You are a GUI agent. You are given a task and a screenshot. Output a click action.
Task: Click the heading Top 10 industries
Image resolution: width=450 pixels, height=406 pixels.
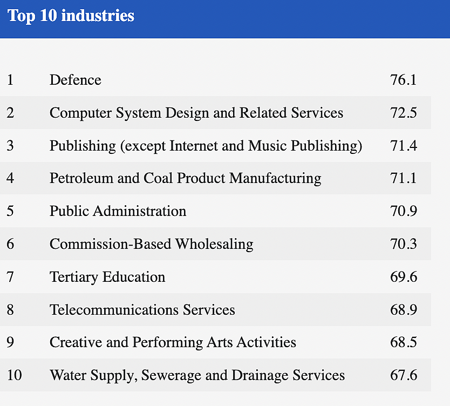(x=71, y=16)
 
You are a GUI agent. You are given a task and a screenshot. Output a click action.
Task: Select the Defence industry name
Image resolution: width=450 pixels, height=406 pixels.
(x=76, y=80)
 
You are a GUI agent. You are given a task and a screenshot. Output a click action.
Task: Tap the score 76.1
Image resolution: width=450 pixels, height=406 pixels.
(x=403, y=80)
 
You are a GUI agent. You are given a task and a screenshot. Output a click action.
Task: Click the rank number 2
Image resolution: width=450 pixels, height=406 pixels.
(x=10, y=112)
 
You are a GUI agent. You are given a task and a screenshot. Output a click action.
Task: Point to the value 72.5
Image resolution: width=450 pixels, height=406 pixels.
(x=403, y=112)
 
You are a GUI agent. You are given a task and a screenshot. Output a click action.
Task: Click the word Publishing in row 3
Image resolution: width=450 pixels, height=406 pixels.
(x=83, y=146)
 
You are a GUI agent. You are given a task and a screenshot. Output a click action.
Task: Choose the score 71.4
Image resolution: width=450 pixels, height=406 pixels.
(x=403, y=145)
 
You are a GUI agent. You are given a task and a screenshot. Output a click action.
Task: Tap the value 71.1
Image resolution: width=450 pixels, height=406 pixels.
(x=403, y=178)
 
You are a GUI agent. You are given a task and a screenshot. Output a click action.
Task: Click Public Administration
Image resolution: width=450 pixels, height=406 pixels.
(x=118, y=211)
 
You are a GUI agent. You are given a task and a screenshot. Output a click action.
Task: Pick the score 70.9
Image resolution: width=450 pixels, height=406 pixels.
(x=403, y=211)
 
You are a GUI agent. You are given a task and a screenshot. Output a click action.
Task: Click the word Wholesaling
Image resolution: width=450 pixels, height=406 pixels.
(x=214, y=245)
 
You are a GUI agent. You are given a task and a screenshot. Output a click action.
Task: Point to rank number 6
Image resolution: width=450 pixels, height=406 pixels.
(x=10, y=244)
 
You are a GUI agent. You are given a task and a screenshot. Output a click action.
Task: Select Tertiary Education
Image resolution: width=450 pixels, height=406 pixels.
(x=107, y=278)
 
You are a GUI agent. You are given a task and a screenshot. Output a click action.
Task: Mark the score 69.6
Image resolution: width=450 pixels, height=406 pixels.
(x=403, y=277)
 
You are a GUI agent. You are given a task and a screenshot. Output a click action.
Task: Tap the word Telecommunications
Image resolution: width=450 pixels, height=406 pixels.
(x=114, y=310)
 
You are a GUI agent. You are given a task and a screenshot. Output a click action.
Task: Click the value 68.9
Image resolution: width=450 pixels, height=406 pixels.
(x=403, y=310)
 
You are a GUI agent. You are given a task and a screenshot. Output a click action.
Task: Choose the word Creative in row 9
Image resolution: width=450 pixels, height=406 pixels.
(x=76, y=342)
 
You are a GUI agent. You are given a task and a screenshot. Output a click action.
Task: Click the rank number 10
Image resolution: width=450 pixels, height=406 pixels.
(x=15, y=375)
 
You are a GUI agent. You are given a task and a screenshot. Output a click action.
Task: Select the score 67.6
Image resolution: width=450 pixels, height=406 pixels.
(x=403, y=375)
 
